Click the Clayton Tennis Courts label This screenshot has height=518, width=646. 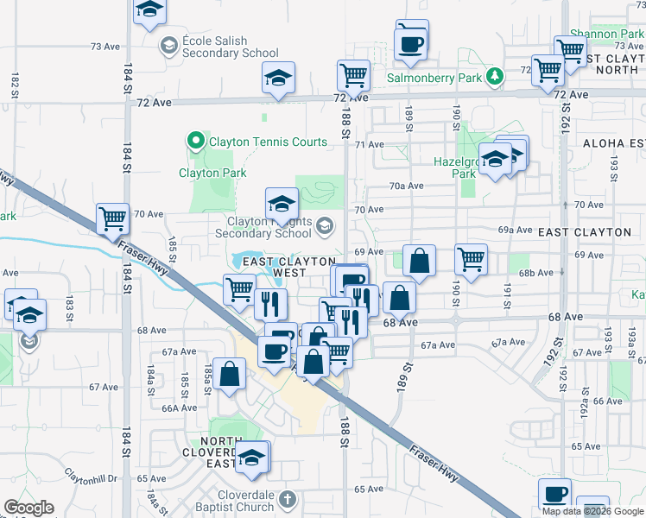268,142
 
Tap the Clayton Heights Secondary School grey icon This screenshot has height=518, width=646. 325,226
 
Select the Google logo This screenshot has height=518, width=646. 28,508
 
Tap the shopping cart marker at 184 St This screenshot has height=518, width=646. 113,218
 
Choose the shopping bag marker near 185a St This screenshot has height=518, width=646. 230,375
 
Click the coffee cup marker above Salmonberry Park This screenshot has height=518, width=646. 409,42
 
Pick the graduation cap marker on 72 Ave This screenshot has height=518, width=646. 279,77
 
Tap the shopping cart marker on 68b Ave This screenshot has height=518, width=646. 471,258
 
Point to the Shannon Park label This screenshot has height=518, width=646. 602,32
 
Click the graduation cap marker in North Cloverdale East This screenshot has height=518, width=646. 253,458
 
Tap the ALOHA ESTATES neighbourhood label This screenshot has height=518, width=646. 613,143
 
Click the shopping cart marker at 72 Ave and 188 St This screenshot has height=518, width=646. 353,75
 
